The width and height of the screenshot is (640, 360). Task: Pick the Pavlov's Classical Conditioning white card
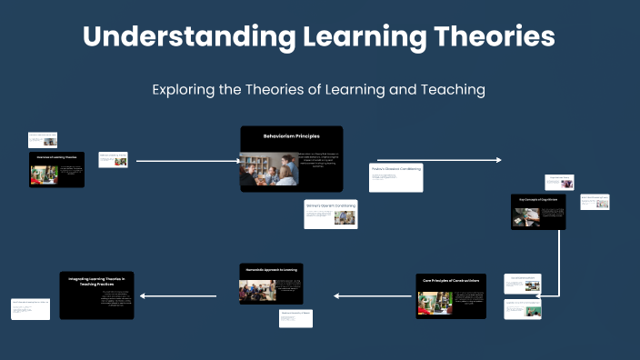(x=395, y=177)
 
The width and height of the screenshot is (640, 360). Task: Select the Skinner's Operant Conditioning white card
(x=332, y=214)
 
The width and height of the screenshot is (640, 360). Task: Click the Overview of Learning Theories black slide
(x=56, y=170)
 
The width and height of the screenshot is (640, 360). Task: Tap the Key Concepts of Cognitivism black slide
(x=538, y=211)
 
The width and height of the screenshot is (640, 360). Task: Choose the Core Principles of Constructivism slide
(x=451, y=296)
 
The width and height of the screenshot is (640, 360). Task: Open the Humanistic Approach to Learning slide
(x=270, y=284)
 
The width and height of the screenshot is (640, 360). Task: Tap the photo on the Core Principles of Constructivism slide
(x=428, y=303)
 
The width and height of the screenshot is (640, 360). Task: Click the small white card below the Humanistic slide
(x=295, y=318)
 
